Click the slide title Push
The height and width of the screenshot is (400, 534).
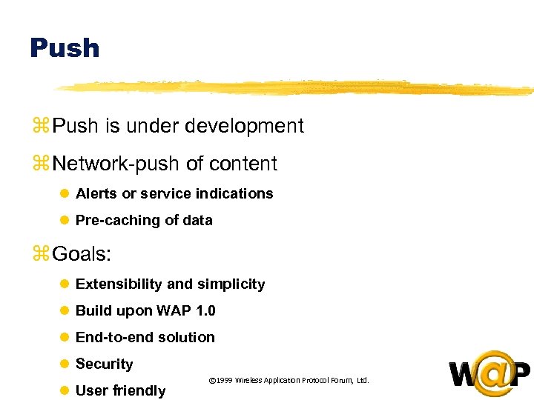[65, 48]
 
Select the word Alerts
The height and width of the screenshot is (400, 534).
[96, 193]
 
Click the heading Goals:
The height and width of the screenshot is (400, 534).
[82, 255]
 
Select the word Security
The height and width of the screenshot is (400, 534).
[104, 364]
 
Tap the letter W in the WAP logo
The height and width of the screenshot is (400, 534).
[462, 375]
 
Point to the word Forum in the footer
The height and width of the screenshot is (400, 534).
[337, 381]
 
